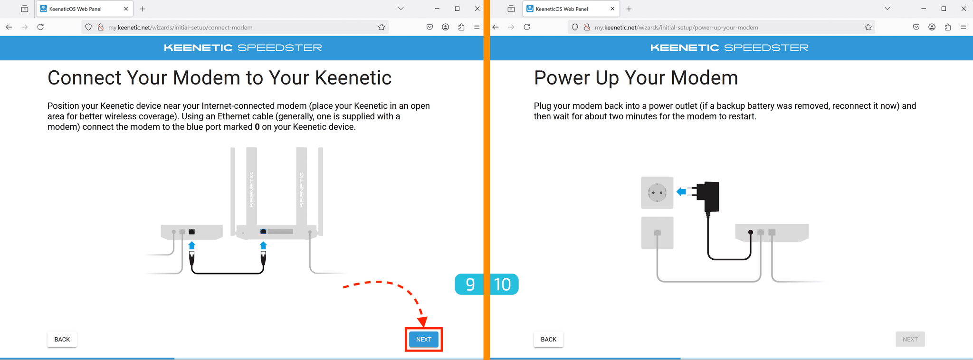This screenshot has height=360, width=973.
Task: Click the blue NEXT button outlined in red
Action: (x=423, y=339)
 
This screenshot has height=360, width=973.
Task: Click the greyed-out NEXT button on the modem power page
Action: (x=910, y=339)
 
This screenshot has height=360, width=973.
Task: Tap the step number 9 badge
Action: (x=469, y=284)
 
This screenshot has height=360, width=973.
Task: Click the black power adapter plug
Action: (x=708, y=197)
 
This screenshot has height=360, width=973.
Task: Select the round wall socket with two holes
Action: (x=657, y=193)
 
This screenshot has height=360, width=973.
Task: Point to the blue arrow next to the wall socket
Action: (x=681, y=192)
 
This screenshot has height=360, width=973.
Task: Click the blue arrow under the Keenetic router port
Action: (x=263, y=246)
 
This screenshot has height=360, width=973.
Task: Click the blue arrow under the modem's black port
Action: (x=191, y=246)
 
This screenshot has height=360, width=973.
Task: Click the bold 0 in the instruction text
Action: (x=257, y=127)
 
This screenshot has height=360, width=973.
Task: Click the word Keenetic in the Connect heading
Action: (x=353, y=78)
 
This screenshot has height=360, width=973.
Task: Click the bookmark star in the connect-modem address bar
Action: (x=382, y=27)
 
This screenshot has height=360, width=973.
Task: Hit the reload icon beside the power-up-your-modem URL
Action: (x=527, y=27)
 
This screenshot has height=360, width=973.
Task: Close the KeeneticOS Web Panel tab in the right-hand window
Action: (x=612, y=9)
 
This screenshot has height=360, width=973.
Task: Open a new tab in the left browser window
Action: (x=143, y=9)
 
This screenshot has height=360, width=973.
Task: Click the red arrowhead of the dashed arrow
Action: (x=422, y=322)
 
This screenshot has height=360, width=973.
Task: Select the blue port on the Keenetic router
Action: (x=263, y=231)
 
